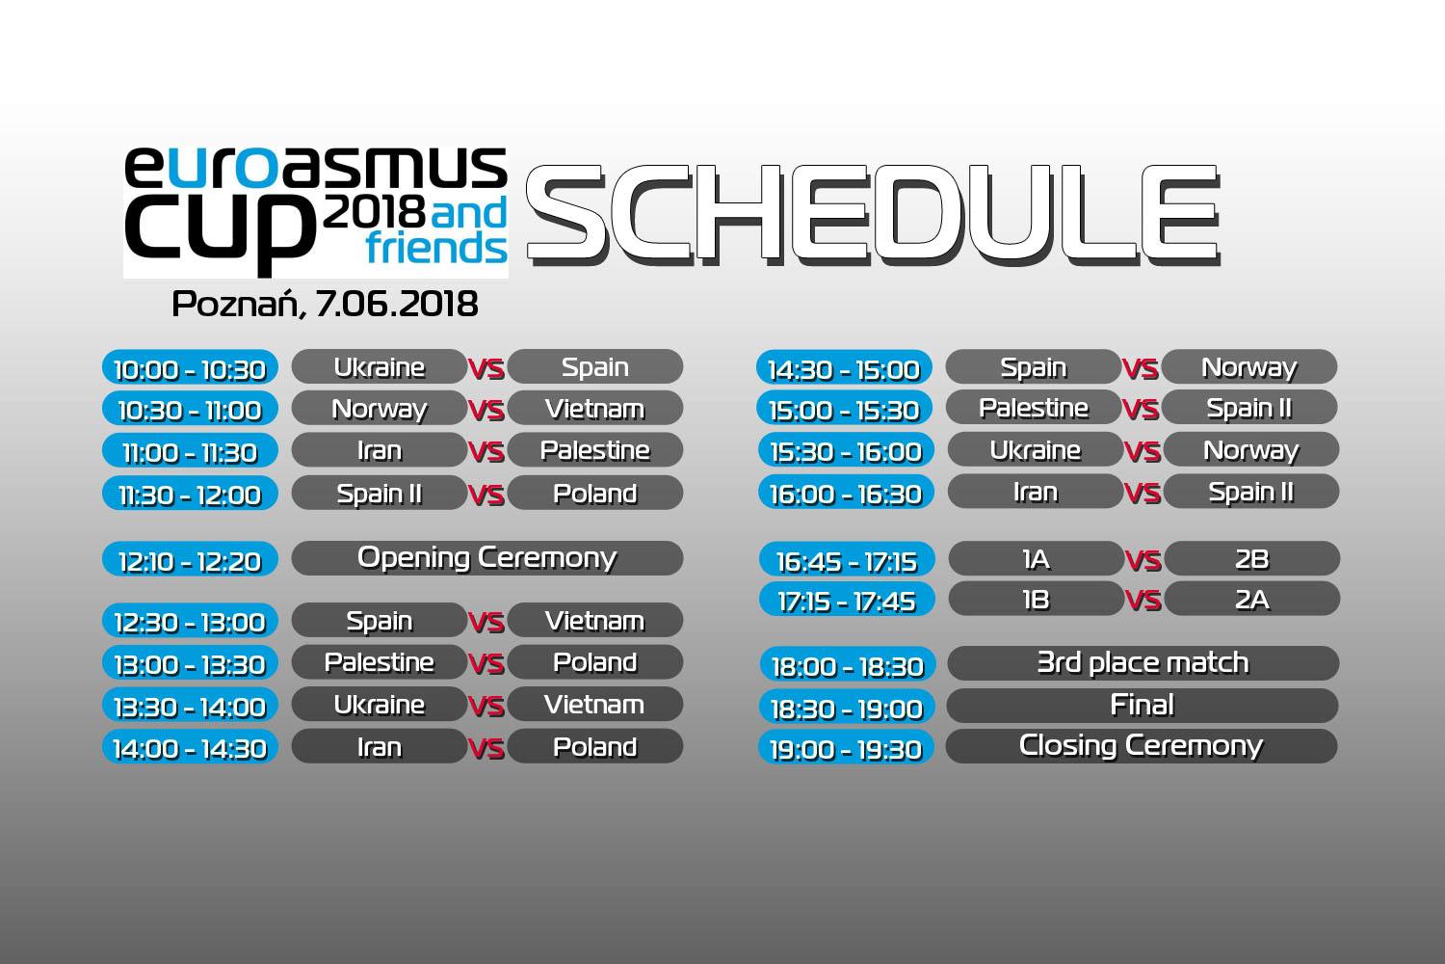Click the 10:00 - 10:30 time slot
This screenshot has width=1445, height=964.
[x=191, y=368]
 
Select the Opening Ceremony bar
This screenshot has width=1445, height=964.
[x=487, y=558]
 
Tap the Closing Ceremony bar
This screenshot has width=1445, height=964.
[x=1142, y=746]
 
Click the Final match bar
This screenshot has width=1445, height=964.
[x=1143, y=705]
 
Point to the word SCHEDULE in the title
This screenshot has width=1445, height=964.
[x=874, y=214]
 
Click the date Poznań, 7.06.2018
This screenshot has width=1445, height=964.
[x=326, y=304]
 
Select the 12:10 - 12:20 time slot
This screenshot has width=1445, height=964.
[x=191, y=559]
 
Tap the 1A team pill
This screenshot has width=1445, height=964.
[x=1036, y=558]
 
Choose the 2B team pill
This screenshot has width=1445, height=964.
[x=1252, y=558]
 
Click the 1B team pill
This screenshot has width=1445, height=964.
[x=1036, y=600]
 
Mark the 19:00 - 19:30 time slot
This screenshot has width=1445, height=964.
[x=847, y=748]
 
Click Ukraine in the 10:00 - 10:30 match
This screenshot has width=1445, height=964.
[x=380, y=366]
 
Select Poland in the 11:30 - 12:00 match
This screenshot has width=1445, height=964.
[x=595, y=494]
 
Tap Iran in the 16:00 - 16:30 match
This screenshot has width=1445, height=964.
[x=1036, y=492]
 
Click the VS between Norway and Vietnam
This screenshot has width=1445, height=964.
[x=486, y=410]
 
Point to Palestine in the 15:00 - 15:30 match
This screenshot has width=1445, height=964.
[x=1034, y=408]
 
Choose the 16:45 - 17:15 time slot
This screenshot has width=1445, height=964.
[x=847, y=560]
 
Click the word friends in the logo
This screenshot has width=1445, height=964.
[x=436, y=248]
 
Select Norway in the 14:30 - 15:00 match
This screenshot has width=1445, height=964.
[x=1249, y=366]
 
